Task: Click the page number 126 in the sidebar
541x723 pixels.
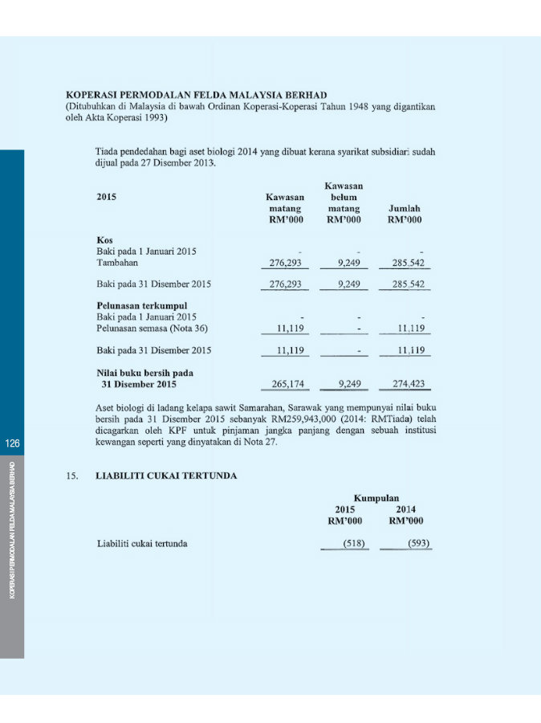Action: click(11, 444)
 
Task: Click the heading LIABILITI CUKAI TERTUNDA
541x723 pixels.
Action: click(166, 476)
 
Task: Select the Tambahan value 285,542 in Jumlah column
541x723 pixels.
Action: click(409, 263)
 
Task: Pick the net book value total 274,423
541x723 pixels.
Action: click(409, 383)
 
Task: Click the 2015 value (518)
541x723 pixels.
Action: click(354, 544)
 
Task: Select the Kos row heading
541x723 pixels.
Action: click(104, 239)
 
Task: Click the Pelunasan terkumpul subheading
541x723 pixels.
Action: click(137, 305)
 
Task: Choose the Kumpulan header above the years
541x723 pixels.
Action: click(376, 497)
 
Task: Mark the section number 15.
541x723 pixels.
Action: click(72, 476)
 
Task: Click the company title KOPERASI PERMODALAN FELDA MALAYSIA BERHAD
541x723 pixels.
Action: click(197, 95)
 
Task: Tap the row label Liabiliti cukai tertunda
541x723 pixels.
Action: click(142, 544)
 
